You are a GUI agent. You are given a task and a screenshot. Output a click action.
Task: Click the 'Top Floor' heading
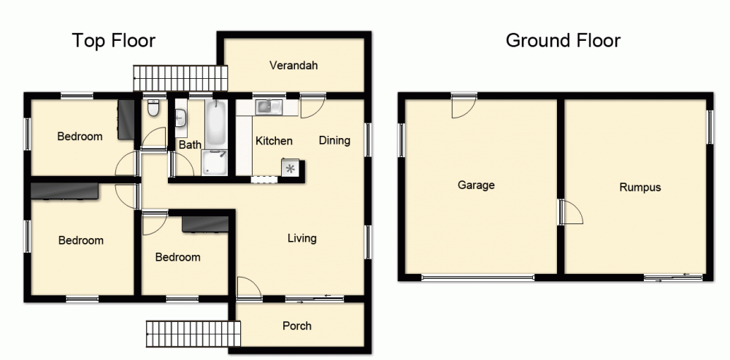[113, 40]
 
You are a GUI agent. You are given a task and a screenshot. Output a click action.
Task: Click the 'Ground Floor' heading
[563, 40]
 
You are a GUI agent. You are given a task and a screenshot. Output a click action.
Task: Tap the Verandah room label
[293, 66]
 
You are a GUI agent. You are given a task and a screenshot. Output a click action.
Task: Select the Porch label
[297, 326]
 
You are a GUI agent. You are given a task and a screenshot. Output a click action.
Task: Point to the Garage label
[476, 185]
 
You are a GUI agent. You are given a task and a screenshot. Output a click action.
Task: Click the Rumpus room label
[639, 187]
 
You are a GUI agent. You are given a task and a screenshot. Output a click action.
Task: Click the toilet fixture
[153, 109]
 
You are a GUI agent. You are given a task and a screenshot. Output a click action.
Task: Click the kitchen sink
[268, 107]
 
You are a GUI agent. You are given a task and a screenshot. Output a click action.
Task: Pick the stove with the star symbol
[291, 169]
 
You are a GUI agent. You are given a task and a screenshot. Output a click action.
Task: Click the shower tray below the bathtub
[215, 163]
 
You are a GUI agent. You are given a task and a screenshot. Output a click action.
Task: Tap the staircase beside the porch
[193, 333]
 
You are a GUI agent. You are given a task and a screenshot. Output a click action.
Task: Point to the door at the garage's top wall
[464, 107]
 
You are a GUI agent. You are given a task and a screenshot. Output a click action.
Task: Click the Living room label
[301, 238]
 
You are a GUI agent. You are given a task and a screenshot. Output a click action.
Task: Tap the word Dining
[334, 141]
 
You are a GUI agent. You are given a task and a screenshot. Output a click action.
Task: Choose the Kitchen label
[274, 141]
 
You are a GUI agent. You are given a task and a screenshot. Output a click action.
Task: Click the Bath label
[190, 145]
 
